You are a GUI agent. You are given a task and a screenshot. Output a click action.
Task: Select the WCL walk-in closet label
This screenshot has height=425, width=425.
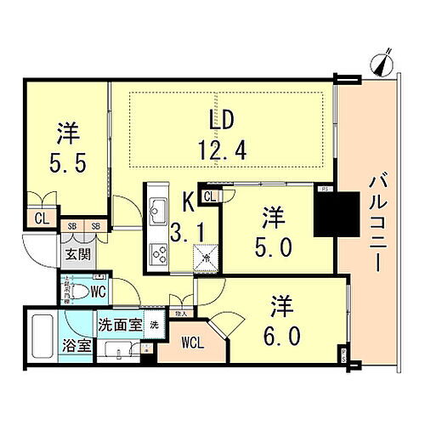tap(187, 344)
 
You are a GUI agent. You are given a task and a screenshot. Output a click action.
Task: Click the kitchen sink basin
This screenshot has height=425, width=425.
tap(158, 207)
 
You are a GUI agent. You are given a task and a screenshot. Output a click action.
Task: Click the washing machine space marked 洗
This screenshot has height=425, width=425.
tap(154, 324)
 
